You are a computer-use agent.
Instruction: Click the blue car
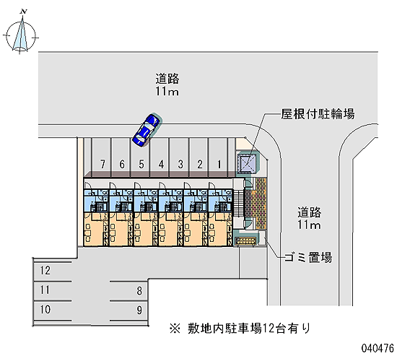click(147, 130)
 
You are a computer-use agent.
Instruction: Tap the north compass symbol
click(21, 34)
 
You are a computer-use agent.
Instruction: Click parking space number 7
click(102, 157)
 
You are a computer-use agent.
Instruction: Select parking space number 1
click(219, 157)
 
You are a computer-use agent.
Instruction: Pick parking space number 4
click(160, 157)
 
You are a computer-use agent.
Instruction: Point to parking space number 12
click(52, 271)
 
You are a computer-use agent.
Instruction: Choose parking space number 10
click(52, 310)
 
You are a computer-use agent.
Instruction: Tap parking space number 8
click(129, 291)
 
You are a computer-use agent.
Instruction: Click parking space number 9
click(129, 310)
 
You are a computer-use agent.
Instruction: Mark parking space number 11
click(52, 290)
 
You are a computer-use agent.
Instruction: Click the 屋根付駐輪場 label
click(318, 114)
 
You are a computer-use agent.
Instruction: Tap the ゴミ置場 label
click(308, 258)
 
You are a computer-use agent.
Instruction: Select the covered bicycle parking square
click(248, 163)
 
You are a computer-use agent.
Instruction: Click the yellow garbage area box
click(245, 241)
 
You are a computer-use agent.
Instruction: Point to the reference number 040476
click(378, 348)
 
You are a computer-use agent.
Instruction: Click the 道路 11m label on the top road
click(167, 85)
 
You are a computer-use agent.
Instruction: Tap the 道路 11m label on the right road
click(309, 218)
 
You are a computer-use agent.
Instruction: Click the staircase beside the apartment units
click(237, 204)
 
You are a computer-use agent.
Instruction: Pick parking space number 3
click(180, 157)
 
